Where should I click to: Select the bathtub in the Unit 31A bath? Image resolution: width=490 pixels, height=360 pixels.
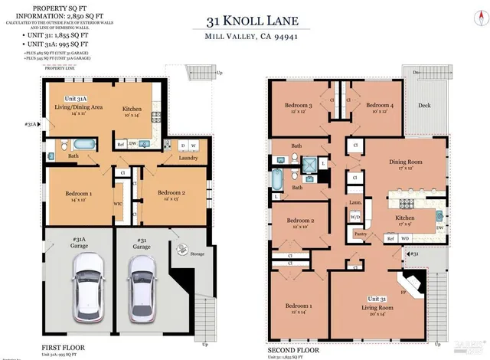click(77, 144)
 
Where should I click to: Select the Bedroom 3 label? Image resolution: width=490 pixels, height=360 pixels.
click(299, 106)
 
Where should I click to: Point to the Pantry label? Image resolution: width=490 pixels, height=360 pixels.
click(361, 234)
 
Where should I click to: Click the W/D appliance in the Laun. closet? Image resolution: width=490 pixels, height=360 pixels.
click(356, 216)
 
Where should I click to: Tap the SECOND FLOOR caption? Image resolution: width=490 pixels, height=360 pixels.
click(294, 347)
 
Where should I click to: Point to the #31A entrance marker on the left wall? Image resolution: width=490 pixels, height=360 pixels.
click(31, 124)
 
